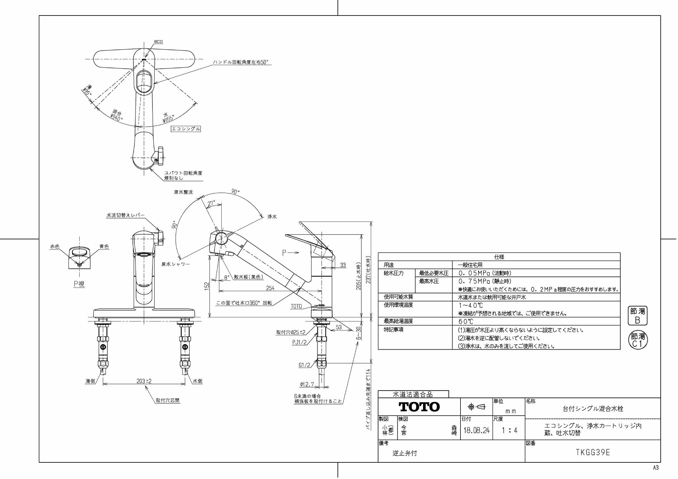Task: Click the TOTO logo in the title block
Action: click(419, 407)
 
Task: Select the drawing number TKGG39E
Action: click(593, 453)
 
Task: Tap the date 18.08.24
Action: click(476, 430)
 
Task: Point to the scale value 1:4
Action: click(509, 430)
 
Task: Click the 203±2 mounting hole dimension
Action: click(144, 381)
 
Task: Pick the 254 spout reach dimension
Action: click(270, 288)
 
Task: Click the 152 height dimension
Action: click(207, 286)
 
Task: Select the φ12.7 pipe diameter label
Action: click(307, 384)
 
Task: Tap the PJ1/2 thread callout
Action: click(300, 342)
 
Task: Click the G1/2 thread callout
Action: click(304, 365)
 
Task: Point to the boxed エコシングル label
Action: click(186, 129)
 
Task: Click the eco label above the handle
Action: click(158, 42)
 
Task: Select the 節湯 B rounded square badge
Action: click(637, 316)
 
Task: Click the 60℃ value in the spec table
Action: click(466, 321)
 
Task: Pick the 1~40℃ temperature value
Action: click(471, 306)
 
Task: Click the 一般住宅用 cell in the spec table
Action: click(470, 265)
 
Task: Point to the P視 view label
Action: click(79, 284)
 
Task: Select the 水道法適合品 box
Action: click(413, 394)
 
